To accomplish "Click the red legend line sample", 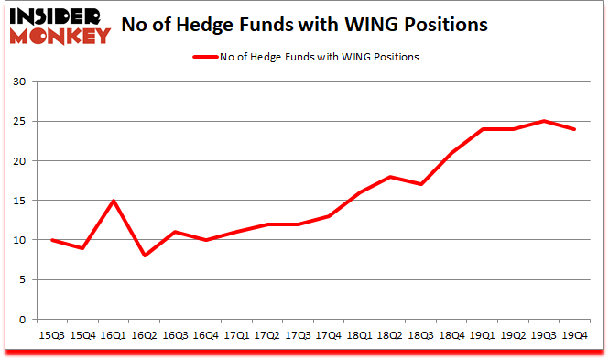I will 204,57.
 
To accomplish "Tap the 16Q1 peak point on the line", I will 114,201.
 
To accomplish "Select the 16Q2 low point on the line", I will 144,256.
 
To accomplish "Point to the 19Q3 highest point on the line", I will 544,121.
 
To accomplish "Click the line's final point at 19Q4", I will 574,129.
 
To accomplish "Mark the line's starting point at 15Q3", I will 53,240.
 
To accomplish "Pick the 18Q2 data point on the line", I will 389,177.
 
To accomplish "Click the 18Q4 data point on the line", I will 451,153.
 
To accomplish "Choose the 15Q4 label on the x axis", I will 83,335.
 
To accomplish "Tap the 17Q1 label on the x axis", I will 236,335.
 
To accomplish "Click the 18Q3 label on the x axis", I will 420,335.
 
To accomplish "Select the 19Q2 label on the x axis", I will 513,335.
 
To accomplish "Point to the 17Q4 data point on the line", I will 328,216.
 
